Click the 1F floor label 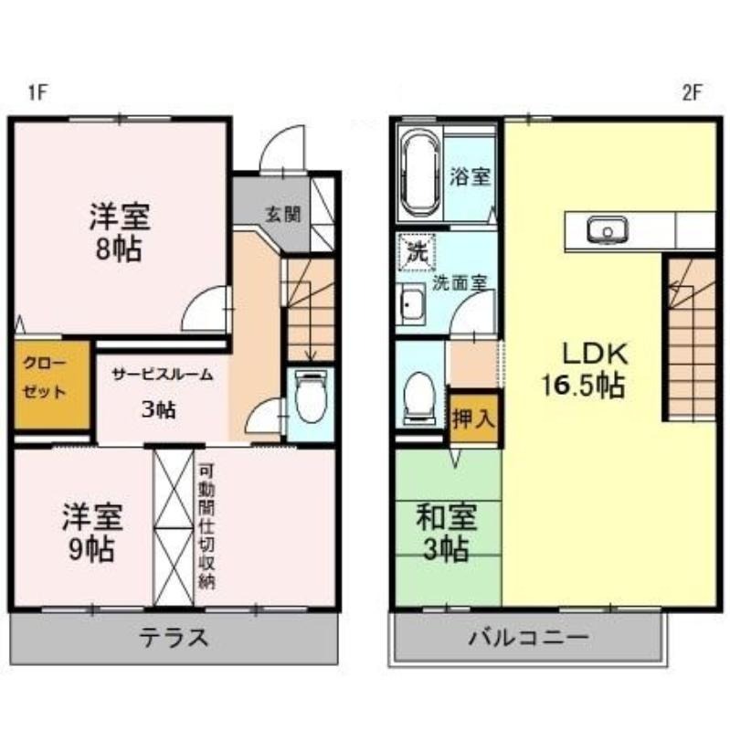[37, 91]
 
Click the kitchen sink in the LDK [604, 230]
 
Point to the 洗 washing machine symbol [417, 252]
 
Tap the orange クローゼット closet [50, 384]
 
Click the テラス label [174, 637]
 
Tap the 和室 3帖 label [446, 532]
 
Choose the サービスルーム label [163, 374]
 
